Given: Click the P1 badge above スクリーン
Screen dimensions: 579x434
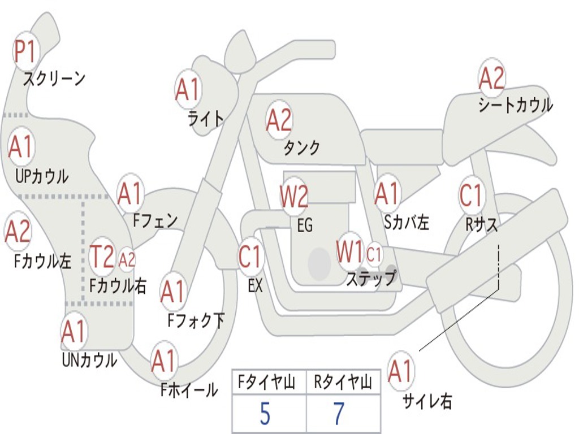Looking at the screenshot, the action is (x=25, y=51).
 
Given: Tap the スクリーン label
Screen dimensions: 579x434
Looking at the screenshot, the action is (x=54, y=78).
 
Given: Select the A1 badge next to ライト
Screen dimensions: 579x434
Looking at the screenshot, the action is (x=188, y=89).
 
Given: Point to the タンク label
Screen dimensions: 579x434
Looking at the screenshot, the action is (x=301, y=147).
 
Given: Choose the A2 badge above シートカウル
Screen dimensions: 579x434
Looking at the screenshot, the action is (x=491, y=78).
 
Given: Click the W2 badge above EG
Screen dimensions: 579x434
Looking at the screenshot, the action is (x=294, y=196).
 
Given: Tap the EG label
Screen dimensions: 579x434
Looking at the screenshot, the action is (x=305, y=225).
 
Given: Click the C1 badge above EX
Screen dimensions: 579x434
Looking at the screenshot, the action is (x=251, y=257).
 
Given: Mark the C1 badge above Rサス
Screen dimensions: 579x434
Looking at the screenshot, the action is (x=472, y=194).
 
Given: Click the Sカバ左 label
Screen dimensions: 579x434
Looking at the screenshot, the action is (x=406, y=222).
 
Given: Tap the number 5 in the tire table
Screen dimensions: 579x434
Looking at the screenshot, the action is (x=265, y=414).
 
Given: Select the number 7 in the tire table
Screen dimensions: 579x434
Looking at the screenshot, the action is (x=339, y=414).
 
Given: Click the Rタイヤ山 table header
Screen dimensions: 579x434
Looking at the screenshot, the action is (x=343, y=383).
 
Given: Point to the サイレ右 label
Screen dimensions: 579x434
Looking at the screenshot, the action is (x=427, y=401).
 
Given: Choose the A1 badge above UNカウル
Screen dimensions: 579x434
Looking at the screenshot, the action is (x=74, y=331).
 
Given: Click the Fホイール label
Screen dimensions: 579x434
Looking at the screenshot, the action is (x=189, y=390).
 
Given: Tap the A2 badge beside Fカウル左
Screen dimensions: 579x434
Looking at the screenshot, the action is (x=18, y=231).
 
